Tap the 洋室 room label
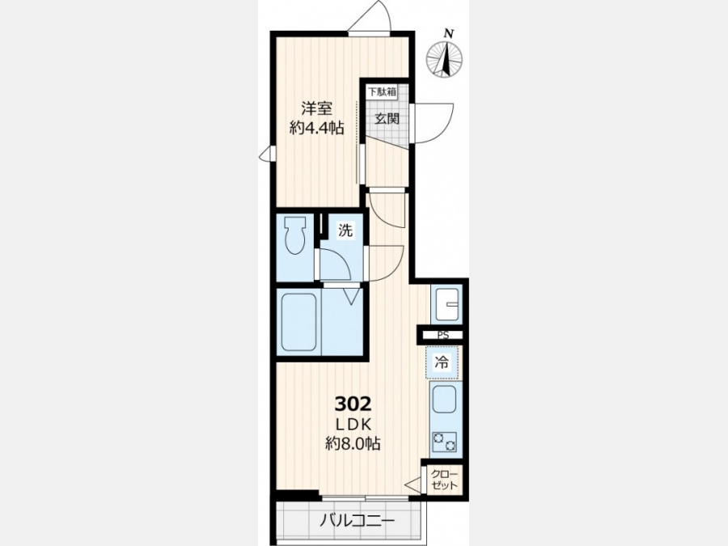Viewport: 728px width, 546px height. pos(316,108)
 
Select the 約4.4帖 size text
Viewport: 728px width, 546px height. pos(316,128)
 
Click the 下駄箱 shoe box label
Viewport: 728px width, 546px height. pos(382,92)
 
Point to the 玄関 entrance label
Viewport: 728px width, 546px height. pos(387,119)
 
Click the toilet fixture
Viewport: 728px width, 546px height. pos(296,235)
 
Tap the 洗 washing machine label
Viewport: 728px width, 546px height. pos(345,231)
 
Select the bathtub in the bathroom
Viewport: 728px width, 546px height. pos(299,322)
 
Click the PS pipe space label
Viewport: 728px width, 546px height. pos(443,335)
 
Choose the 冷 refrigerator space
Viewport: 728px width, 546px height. pos(442,362)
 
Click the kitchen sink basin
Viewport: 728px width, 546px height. pos(444,400)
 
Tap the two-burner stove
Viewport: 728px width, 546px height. pos(444,442)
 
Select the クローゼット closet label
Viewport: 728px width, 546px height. pos(444,480)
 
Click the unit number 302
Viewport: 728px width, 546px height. pos(353,404)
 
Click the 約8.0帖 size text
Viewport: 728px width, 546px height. pos(353,444)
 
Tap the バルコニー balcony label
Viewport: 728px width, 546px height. pos(357,521)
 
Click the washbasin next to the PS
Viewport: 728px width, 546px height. pos(447,303)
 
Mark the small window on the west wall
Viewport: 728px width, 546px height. pos(268,154)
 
